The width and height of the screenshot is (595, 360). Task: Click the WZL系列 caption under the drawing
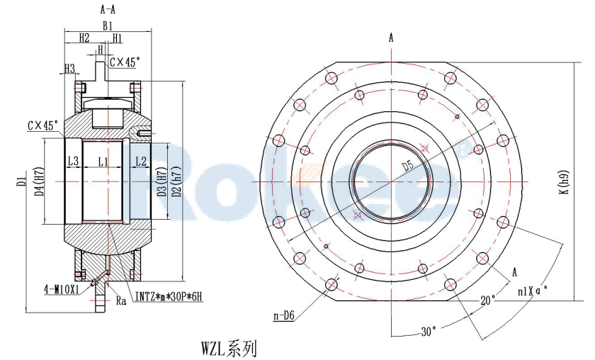(x=229, y=349)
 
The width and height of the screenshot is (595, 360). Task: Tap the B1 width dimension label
(x=107, y=25)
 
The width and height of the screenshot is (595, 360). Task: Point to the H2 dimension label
(x=84, y=37)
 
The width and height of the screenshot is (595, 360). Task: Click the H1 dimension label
(x=117, y=37)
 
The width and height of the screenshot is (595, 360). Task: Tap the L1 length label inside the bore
(x=102, y=162)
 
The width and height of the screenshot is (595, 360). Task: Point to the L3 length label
(x=73, y=162)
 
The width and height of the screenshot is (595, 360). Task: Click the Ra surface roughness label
(x=121, y=300)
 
